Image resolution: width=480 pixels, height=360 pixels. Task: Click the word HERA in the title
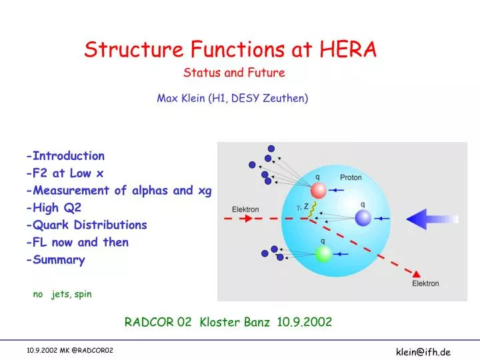pos(347,49)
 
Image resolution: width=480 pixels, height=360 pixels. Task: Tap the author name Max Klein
pos(181,99)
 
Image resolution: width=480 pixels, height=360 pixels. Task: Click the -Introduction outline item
pos(65,156)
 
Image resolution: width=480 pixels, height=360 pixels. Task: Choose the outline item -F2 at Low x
pos(65,173)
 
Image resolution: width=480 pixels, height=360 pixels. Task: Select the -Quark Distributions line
pos(87,225)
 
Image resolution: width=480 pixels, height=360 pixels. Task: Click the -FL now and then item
pos(77,243)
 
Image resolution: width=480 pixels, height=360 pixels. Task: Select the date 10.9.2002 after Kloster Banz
pos(305,322)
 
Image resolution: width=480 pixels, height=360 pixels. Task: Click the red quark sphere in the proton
pos(319,191)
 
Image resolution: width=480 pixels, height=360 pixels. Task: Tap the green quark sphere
pos(323,253)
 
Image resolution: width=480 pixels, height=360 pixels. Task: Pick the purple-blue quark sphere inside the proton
pos(363,218)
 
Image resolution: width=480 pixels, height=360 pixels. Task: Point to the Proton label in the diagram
pos(351,178)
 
